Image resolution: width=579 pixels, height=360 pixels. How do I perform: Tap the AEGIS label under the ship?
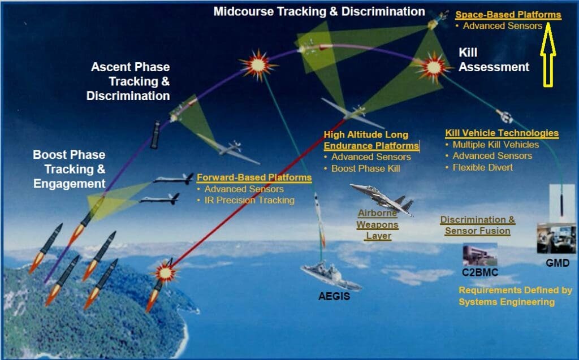click(x=334, y=296)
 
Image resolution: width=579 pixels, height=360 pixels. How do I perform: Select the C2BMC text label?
click(x=479, y=272)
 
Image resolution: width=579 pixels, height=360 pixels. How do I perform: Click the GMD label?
click(x=558, y=263)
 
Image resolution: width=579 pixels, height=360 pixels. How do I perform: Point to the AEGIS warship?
click(x=331, y=276)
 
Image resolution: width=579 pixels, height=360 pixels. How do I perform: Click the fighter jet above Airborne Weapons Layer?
click(x=383, y=198)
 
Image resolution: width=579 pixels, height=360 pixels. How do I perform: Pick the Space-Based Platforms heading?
click(x=508, y=15)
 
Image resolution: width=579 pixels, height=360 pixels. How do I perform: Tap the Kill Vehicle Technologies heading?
click(x=502, y=133)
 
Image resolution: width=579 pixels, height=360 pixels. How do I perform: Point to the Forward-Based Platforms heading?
click(x=254, y=177)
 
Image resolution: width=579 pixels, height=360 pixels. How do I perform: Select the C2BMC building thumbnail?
click(x=480, y=254)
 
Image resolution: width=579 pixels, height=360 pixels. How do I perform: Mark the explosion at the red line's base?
click(x=165, y=273)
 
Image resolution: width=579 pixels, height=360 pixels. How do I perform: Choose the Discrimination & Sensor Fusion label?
click(x=477, y=225)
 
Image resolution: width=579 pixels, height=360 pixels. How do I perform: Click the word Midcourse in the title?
click(x=243, y=11)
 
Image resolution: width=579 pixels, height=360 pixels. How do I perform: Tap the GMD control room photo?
click(x=556, y=238)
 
